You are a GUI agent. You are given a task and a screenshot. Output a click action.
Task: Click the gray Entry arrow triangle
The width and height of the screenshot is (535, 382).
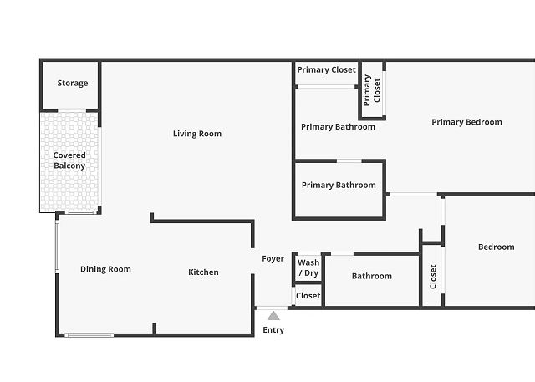[273, 316]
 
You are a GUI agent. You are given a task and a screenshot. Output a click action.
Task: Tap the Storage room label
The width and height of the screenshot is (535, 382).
[73, 83]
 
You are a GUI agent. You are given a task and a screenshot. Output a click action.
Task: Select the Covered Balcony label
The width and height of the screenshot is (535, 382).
[69, 160]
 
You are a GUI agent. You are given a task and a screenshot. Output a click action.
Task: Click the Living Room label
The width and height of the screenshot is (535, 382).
[197, 134]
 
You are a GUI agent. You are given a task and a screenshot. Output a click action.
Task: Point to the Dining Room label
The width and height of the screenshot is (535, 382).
[106, 269]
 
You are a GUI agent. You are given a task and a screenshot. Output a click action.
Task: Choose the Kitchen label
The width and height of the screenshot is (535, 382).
[203, 272]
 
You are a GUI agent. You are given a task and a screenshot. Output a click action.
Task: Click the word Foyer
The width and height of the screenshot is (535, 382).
[273, 259]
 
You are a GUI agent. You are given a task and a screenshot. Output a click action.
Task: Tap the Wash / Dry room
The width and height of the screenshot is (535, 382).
[308, 267]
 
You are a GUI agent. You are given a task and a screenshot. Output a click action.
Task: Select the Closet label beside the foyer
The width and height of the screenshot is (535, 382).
[308, 296]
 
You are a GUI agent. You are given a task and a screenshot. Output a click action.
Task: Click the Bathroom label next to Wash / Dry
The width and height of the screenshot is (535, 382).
[372, 276]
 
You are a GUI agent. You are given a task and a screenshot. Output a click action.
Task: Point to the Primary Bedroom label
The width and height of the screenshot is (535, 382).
[466, 122]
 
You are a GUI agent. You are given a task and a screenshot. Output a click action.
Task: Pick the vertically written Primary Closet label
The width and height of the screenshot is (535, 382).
[372, 90]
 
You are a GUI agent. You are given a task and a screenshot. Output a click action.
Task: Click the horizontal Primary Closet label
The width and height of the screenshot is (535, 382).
[327, 70]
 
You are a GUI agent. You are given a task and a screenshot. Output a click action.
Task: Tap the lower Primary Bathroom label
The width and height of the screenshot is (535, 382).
[339, 186]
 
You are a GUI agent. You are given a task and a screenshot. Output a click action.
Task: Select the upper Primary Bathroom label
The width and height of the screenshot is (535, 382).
[338, 127]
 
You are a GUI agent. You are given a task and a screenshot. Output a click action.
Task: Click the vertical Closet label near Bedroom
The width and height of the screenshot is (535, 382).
[433, 277]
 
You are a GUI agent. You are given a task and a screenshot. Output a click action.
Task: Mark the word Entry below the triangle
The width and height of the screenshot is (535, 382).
[273, 330]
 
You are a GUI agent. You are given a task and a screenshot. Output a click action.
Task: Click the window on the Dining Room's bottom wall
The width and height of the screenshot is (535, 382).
[89, 335]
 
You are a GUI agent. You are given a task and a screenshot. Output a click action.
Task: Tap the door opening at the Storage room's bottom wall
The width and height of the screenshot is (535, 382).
[72, 110]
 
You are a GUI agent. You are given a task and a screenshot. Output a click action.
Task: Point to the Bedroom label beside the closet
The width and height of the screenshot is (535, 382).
[497, 247]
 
